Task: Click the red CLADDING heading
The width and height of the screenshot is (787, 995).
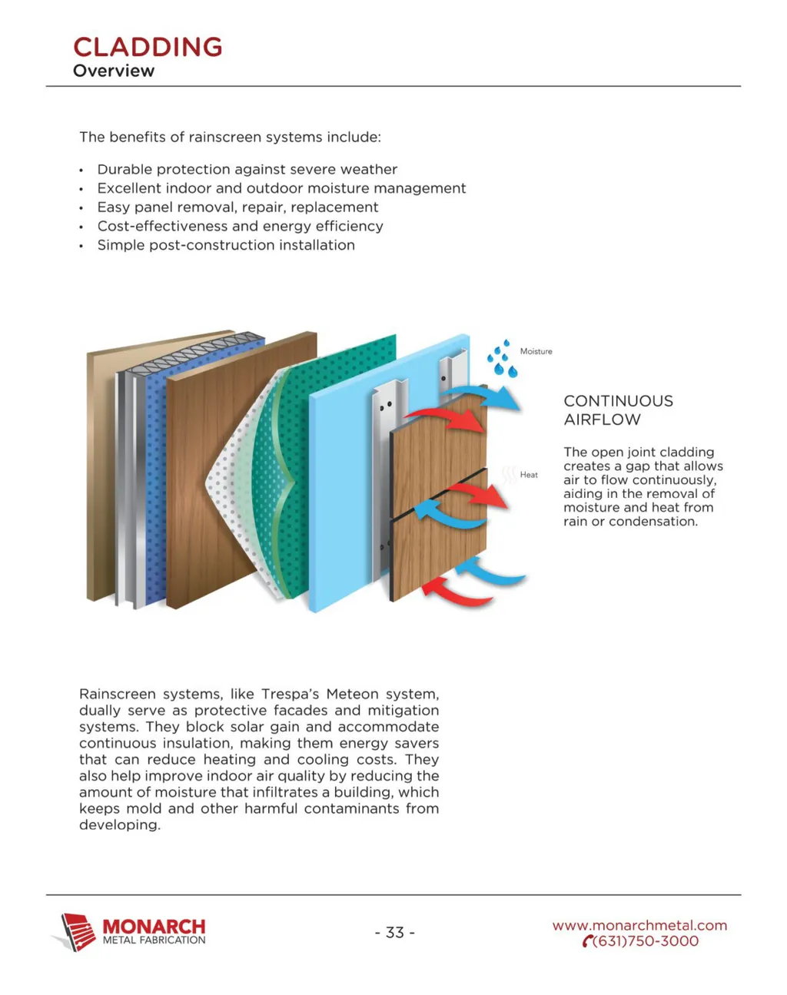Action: click(148, 47)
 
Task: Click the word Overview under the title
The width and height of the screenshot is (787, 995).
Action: click(114, 71)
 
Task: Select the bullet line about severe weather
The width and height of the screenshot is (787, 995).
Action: click(247, 169)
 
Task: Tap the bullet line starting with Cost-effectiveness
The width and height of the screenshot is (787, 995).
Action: click(240, 226)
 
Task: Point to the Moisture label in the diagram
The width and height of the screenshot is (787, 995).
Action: click(536, 351)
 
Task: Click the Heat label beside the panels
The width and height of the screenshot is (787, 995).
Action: click(529, 475)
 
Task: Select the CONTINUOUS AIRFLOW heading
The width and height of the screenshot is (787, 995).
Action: click(618, 410)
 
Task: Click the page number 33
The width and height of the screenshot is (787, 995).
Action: click(395, 932)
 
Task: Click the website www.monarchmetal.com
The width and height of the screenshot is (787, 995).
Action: click(639, 925)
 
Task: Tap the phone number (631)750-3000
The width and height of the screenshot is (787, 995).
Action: click(646, 941)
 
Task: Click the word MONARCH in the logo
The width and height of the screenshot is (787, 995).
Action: click(154, 927)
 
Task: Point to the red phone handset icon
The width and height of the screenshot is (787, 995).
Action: click(588, 941)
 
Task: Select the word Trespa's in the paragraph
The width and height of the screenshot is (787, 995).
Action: click(290, 694)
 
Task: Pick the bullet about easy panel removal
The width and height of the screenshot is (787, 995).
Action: click(237, 207)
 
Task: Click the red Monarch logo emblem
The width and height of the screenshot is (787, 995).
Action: click(77, 931)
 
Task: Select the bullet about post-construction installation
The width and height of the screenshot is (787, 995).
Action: click(226, 245)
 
